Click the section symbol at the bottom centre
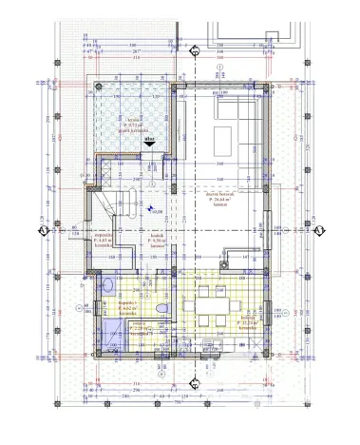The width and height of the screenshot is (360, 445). tap(195, 384)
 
